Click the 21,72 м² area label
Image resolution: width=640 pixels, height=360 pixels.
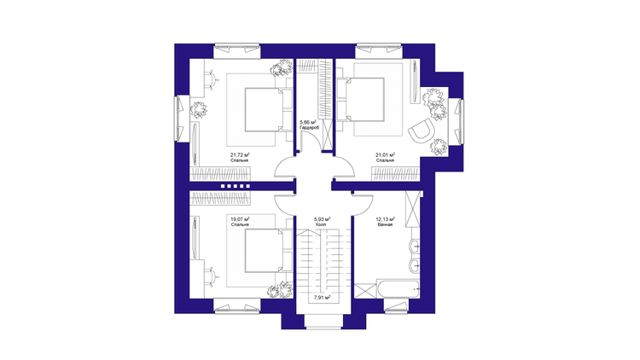(x=240, y=155)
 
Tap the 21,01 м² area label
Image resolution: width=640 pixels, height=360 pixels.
(x=386, y=155)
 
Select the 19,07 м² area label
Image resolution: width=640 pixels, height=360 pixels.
(x=240, y=219)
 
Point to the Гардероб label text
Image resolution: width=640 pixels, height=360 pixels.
(x=309, y=128)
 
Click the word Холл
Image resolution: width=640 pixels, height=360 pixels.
(x=321, y=224)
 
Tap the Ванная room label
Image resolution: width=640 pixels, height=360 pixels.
(x=385, y=224)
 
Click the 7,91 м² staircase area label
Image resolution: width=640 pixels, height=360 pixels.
(x=322, y=298)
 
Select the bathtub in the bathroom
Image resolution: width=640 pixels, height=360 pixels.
(x=399, y=289)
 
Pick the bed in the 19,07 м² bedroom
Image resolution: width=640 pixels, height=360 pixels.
(x=269, y=251)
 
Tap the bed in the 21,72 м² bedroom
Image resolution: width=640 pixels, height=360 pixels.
(x=269, y=109)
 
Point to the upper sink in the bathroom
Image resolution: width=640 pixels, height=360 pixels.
(x=414, y=247)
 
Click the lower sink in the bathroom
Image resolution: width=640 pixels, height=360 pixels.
(x=414, y=265)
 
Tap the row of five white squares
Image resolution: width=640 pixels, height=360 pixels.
(x=236, y=186)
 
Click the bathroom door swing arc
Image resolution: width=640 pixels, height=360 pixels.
(x=364, y=206)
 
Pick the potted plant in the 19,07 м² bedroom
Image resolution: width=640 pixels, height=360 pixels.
(x=281, y=290)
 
